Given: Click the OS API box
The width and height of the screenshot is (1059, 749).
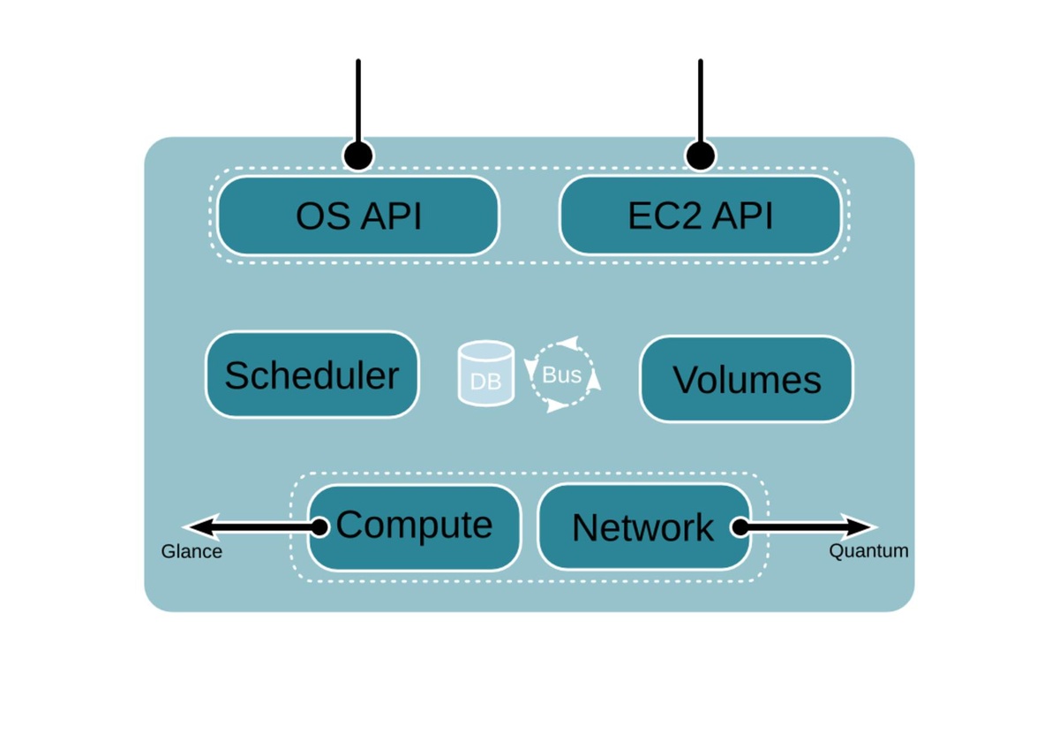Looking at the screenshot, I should (x=358, y=216).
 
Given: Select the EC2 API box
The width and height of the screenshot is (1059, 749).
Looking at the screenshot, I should (x=701, y=216).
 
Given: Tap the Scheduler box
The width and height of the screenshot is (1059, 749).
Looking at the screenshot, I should (x=312, y=375).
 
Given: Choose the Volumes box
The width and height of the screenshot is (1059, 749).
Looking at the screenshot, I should (x=747, y=380).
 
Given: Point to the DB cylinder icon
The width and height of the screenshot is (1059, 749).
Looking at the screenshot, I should (x=486, y=374).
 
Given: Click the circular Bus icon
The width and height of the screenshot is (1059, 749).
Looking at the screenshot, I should (x=562, y=374).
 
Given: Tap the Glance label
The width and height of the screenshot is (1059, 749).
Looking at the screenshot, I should (x=192, y=552).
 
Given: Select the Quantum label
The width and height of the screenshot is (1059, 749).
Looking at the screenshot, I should (x=868, y=551).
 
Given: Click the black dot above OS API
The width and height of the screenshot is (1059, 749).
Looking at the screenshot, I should (x=358, y=156).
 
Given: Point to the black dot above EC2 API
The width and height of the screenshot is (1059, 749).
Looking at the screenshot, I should (x=701, y=156).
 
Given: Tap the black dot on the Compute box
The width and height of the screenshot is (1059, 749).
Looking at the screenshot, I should (x=320, y=527).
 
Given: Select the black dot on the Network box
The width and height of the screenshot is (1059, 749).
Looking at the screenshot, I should (x=740, y=527).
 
